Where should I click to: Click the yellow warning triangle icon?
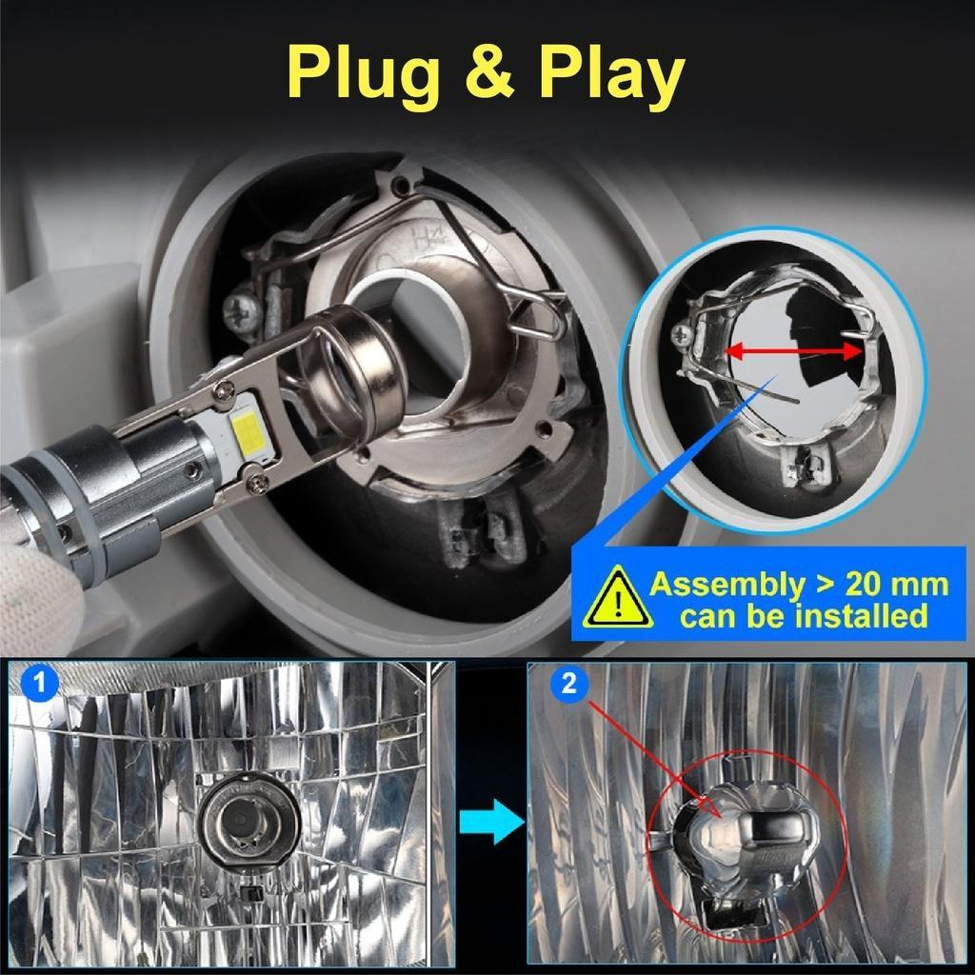617,598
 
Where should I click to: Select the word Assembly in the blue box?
726,586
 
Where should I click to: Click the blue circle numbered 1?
39,682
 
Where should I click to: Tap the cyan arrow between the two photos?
491,821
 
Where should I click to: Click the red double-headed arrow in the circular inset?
794,351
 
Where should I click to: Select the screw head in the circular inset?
682,335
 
